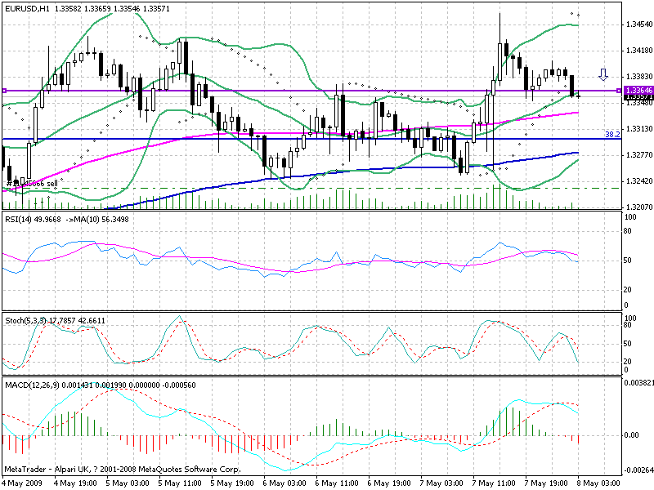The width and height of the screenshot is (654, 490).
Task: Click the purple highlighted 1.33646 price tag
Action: [x=636, y=89]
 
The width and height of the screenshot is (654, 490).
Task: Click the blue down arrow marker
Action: [x=603, y=75]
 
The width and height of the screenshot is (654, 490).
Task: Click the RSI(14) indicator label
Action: [x=19, y=220]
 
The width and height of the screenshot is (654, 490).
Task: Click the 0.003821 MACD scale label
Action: [x=638, y=382]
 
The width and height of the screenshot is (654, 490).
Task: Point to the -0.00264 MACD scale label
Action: [x=638, y=470]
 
